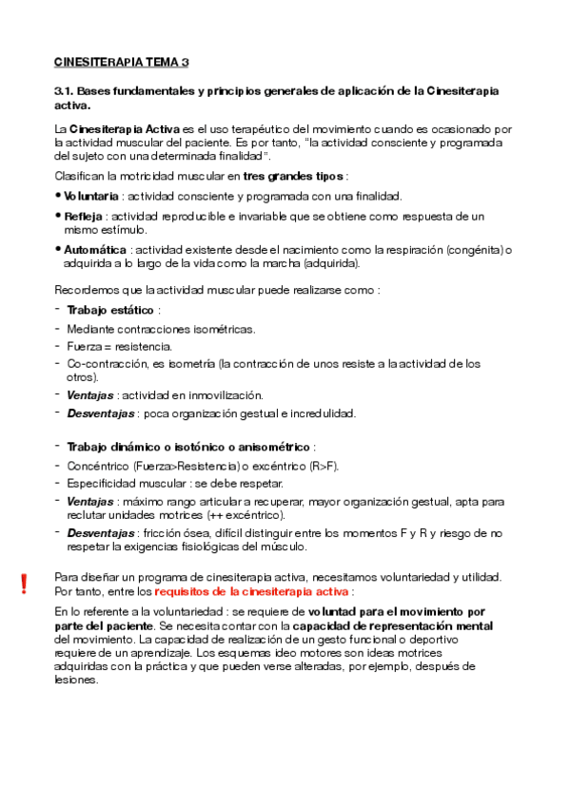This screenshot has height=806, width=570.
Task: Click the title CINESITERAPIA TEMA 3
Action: click(122, 62)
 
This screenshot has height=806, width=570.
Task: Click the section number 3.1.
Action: click(64, 90)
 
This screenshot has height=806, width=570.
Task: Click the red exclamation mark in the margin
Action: click(25, 584)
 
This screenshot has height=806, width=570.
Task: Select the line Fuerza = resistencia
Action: click(119, 346)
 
